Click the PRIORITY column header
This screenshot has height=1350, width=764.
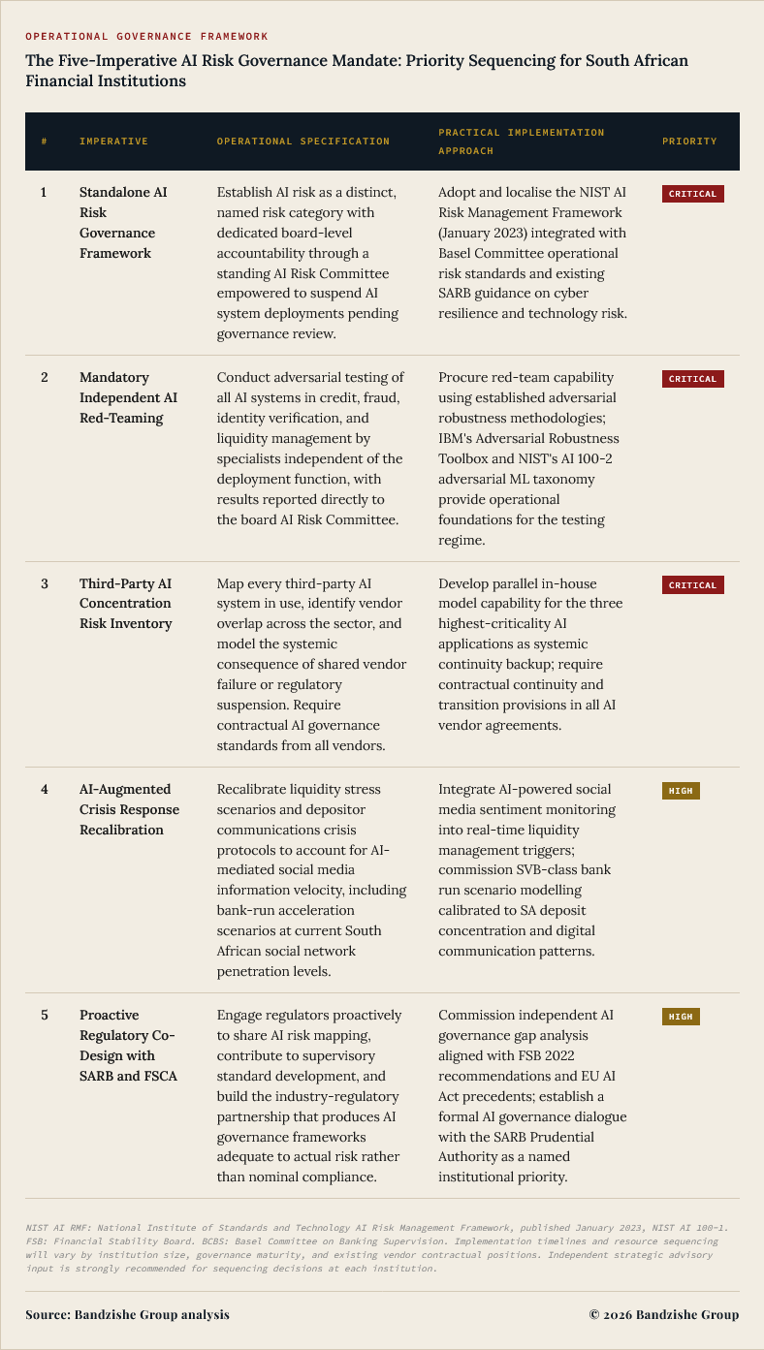click(x=689, y=141)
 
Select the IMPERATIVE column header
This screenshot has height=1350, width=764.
click(x=113, y=141)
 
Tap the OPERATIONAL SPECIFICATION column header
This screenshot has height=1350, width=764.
click(x=302, y=141)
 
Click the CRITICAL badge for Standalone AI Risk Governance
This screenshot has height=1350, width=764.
click(x=692, y=194)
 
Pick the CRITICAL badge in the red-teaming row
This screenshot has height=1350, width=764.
click(x=692, y=379)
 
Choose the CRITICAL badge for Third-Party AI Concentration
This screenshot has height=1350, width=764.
click(x=692, y=585)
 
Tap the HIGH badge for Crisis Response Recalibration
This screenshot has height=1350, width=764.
click(x=681, y=791)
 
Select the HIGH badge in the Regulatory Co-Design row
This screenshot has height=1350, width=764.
click(x=681, y=1017)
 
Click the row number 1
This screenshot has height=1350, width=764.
click(x=44, y=193)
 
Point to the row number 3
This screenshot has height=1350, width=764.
click(x=44, y=583)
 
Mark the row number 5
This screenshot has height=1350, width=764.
click(x=44, y=1015)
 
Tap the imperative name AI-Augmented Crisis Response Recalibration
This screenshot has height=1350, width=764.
click(x=129, y=809)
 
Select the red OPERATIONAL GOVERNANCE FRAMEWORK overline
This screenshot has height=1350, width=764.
click(x=147, y=36)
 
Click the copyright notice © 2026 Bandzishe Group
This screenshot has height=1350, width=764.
click(x=664, y=1315)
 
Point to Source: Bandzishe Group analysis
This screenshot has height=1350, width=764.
click(x=128, y=1315)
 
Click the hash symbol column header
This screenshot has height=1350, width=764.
click(x=44, y=141)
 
